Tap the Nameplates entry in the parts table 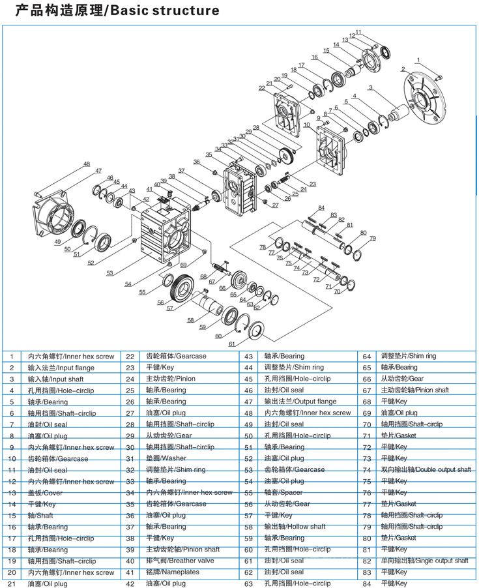pos(173,572)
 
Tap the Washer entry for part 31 pos(166,458)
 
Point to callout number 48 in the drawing pos(86,164)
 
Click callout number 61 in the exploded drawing pos(231,344)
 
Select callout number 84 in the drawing pos(321,208)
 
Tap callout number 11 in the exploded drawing pos(358,31)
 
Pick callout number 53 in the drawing pos(109,272)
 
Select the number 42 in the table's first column pos(130,583)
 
